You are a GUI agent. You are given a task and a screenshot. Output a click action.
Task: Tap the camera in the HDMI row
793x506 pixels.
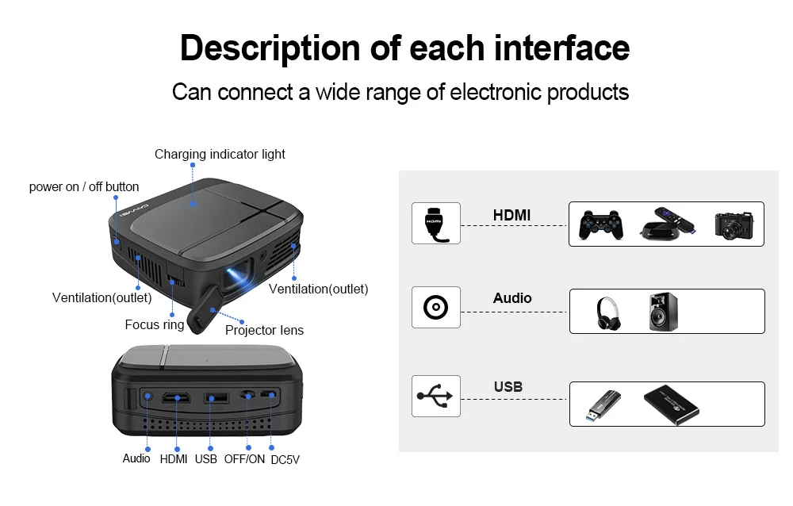coord(733,224)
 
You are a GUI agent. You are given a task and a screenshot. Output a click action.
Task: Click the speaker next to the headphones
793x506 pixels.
coord(663,312)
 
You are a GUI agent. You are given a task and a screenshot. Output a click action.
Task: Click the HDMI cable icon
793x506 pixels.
coord(435,223)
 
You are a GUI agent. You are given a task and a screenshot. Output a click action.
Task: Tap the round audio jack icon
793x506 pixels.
coord(435,308)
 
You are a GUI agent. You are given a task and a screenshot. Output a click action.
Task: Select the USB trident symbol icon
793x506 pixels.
coord(435,396)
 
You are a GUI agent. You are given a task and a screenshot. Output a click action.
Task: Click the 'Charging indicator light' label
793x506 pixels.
coord(220,154)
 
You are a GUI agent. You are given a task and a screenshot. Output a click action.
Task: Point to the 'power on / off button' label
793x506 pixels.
coord(84,187)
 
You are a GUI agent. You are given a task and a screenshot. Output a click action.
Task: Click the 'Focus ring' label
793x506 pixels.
coord(155,324)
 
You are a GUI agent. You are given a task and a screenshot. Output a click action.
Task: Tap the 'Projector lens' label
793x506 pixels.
coord(264,330)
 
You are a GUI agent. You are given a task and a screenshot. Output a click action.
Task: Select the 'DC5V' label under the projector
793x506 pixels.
coord(285,459)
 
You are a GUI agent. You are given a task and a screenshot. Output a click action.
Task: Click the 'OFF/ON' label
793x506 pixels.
coord(244,458)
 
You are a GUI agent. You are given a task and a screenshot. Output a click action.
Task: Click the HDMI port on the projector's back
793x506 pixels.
coord(175,397)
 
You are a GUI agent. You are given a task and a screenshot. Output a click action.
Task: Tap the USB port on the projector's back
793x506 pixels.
coord(211,397)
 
